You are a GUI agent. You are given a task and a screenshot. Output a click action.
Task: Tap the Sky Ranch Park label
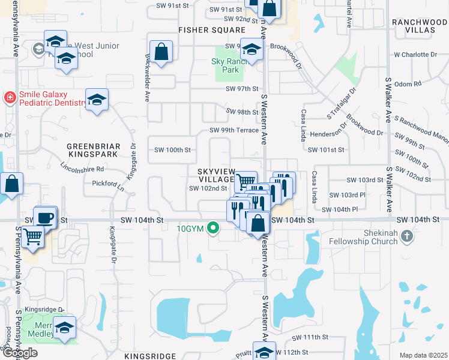point(226,65)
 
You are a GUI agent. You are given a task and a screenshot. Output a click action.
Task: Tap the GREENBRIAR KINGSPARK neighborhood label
point(93,150)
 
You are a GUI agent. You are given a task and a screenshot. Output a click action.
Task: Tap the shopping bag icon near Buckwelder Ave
point(162,52)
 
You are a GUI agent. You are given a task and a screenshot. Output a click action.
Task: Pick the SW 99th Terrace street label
point(234,130)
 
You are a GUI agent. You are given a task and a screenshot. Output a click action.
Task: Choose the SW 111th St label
point(311,338)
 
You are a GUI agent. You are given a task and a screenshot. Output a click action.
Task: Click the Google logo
point(19,352)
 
